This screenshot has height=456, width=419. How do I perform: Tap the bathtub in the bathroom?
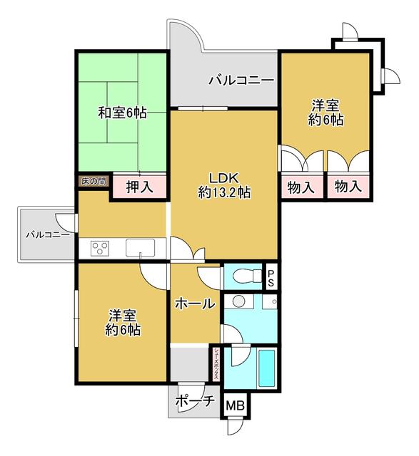[x=267, y=368]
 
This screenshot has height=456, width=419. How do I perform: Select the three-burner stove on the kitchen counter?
[x=100, y=249]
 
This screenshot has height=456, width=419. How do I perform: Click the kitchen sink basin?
[x=140, y=248]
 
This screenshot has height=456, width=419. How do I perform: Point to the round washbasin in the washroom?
[x=239, y=301]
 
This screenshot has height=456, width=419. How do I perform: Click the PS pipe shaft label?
[x=271, y=279]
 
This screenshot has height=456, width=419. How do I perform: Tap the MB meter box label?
[x=236, y=405]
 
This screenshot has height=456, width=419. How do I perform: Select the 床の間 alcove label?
[x=94, y=182]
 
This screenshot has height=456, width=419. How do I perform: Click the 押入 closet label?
[x=139, y=187]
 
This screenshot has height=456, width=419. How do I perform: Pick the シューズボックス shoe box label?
[x=216, y=364]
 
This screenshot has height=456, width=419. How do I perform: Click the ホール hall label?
[x=195, y=304]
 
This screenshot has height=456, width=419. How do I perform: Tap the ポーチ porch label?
[x=195, y=402]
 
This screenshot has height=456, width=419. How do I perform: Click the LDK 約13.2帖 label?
[x=224, y=185]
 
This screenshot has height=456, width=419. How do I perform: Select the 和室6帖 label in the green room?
[x=122, y=113]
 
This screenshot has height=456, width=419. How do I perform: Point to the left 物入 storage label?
[x=301, y=187]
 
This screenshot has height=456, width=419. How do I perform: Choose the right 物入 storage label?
[x=348, y=186]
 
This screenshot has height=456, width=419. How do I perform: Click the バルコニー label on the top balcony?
[x=241, y=81]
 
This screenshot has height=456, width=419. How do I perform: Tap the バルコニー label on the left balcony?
[x=48, y=234]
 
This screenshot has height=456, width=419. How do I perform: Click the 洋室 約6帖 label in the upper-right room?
[x=325, y=113]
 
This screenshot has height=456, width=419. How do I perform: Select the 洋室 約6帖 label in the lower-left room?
[x=123, y=323]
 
